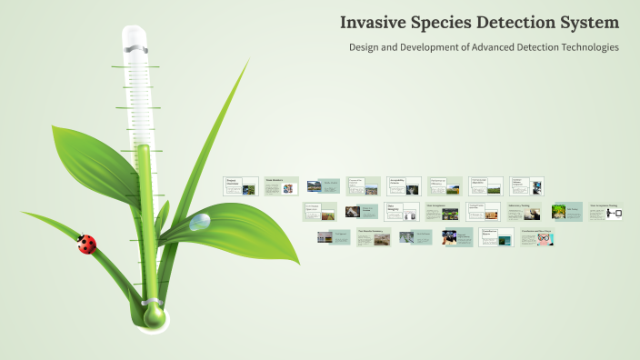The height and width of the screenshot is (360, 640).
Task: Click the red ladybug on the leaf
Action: click(x=86, y=244)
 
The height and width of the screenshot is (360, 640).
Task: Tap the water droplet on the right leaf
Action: click(x=200, y=221)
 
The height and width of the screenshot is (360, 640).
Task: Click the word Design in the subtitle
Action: click(x=365, y=46)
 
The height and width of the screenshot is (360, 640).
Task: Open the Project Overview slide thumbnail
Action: click(x=241, y=186)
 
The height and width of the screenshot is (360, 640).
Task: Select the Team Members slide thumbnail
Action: click(x=280, y=186)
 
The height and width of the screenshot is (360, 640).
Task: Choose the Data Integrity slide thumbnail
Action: click(x=401, y=212)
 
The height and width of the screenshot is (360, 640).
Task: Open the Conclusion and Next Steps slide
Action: click(x=537, y=237)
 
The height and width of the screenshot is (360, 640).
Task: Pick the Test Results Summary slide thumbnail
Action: click(x=375, y=237)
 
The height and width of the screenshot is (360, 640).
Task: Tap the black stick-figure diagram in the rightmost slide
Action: click(x=615, y=214)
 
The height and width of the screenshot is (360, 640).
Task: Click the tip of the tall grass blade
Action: click(x=247, y=62)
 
